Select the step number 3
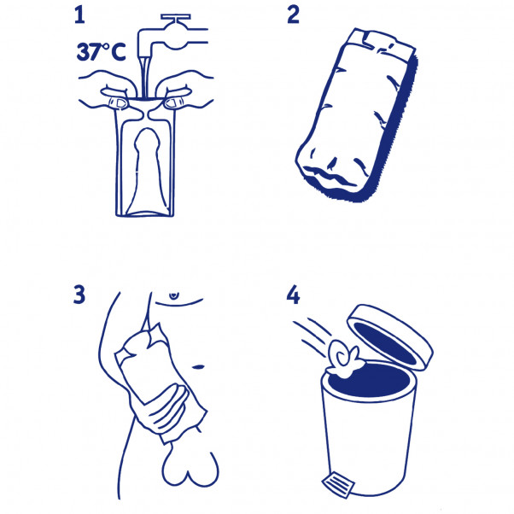click(80, 295)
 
